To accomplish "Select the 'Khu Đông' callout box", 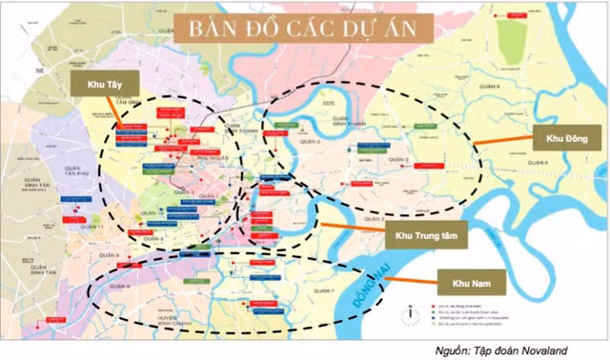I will (567, 139).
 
